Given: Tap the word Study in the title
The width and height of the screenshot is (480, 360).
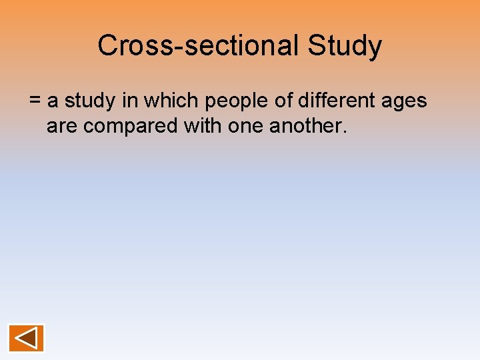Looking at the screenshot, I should point(345,46).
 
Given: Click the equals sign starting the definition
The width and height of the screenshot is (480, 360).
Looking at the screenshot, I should point(35,102).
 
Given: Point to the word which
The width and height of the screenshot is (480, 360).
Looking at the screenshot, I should point(173,102).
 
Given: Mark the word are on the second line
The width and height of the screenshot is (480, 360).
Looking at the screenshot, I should point(62,126).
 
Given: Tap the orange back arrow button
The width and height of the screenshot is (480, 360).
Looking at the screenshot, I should point(26,338).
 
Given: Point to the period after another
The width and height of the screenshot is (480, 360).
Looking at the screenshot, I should point(345,131).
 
